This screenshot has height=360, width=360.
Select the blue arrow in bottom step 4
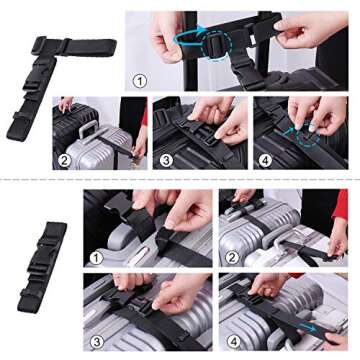[318, 332]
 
